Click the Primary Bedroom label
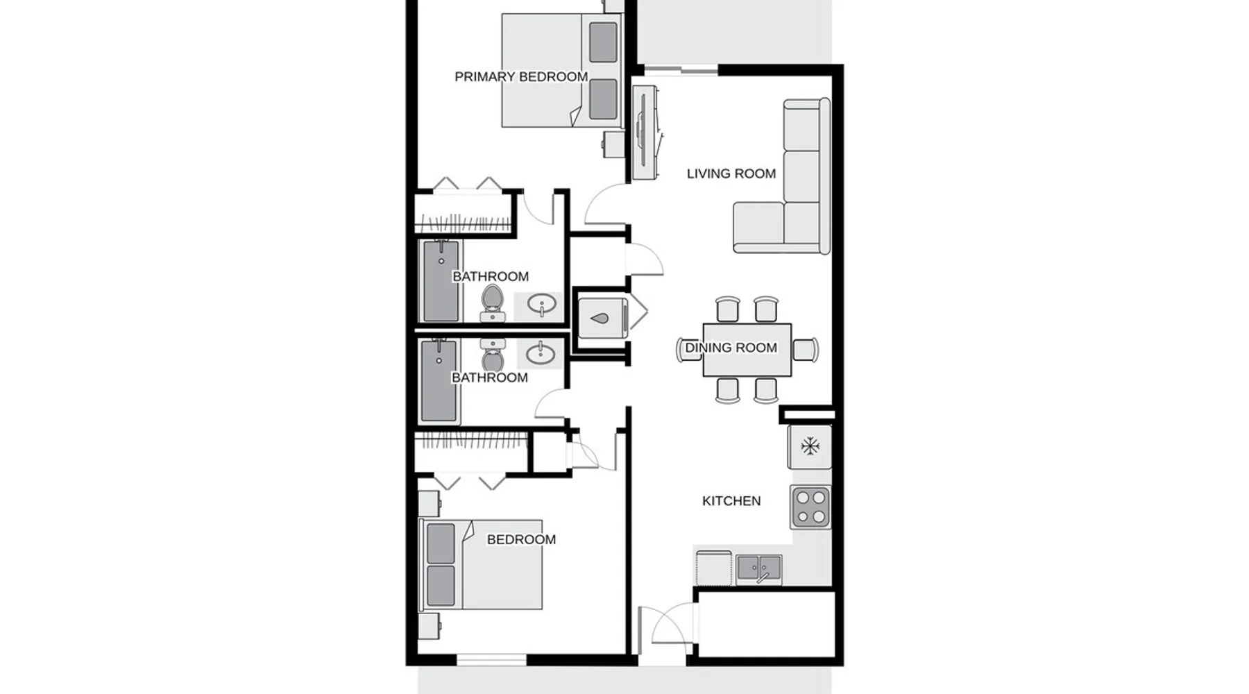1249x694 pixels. click(x=521, y=77)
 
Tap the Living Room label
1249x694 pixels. click(x=731, y=173)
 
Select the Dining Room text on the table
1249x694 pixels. click(x=731, y=348)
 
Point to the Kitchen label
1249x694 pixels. click(x=731, y=501)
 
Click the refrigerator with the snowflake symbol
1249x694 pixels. click(x=810, y=446)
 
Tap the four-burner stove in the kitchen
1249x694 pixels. click(x=810, y=507)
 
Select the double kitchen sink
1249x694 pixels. click(x=759, y=569)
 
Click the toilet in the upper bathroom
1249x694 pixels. click(x=493, y=303)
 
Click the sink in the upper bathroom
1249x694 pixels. click(x=541, y=305)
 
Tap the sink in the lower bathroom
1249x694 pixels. click(x=540, y=354)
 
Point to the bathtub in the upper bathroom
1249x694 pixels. click(x=441, y=281)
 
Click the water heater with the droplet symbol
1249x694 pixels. click(x=602, y=319)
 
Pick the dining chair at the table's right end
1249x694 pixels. click(x=805, y=349)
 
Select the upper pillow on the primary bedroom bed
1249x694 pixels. click(x=603, y=42)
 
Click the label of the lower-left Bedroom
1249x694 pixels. click(x=521, y=540)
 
